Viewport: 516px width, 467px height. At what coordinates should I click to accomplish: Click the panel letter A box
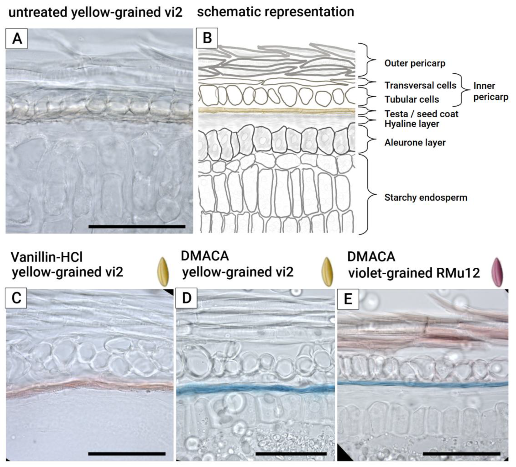pyautogui.click(x=17, y=39)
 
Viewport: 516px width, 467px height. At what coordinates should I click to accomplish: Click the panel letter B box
pyautogui.click(x=207, y=38)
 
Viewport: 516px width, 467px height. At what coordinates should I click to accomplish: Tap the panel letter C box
pyautogui.click(x=16, y=298)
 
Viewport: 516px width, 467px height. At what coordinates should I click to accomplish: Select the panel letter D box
pyautogui.click(x=186, y=298)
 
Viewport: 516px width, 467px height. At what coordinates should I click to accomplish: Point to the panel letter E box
pyautogui.click(x=348, y=299)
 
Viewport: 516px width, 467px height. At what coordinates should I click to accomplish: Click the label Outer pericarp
pyautogui.click(x=415, y=63)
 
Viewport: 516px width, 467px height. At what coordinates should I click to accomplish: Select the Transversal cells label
pyautogui.click(x=420, y=85)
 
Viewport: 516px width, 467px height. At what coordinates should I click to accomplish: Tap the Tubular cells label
pyautogui.click(x=412, y=99)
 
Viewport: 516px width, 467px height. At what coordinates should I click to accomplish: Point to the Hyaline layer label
pyautogui.click(x=412, y=124)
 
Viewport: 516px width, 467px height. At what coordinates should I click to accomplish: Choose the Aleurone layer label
pyautogui.click(x=415, y=142)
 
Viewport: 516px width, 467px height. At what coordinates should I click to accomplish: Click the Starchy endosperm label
pyautogui.click(x=426, y=197)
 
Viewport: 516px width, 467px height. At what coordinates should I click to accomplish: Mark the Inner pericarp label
pyautogui.click(x=490, y=91)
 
